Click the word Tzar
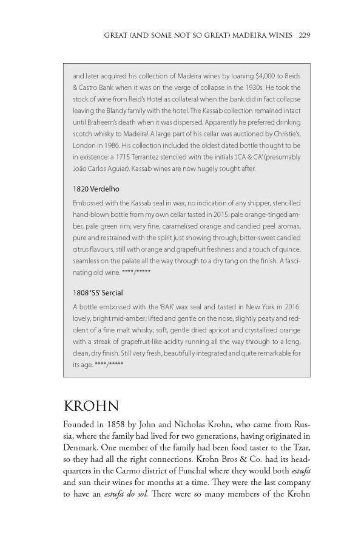point(289,448)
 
